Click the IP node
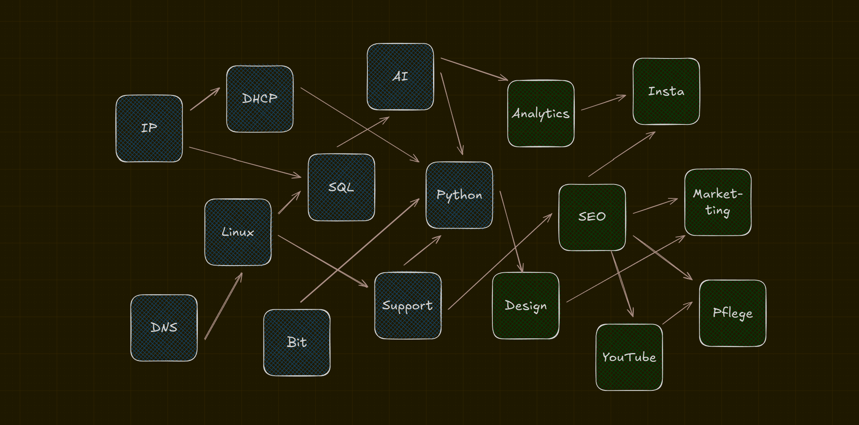(x=149, y=128)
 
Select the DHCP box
(x=260, y=99)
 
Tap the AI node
(x=400, y=77)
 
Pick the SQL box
(x=341, y=187)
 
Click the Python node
(x=459, y=195)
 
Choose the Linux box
(x=238, y=232)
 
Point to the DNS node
(x=164, y=328)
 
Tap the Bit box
(x=297, y=342)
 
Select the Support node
(x=408, y=305)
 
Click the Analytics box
(x=541, y=114)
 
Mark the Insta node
(x=666, y=91)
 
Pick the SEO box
(x=592, y=217)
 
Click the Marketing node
(x=718, y=202)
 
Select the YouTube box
(x=629, y=357)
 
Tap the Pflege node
(x=732, y=313)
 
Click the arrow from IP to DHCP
(x=205, y=99)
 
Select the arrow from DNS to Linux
(x=223, y=306)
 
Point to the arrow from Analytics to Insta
(x=603, y=103)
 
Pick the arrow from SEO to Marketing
(x=655, y=206)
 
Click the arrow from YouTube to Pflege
(x=677, y=313)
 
